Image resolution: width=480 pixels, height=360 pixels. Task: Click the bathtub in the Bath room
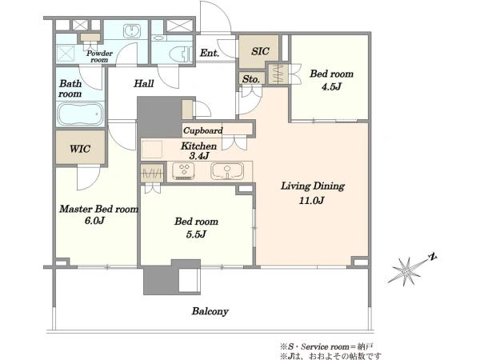(81, 114)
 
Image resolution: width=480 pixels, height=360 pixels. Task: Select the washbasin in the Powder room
(132, 31)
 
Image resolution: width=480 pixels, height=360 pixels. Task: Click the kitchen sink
(227, 171)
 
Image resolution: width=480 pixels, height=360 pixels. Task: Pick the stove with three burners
(183, 171)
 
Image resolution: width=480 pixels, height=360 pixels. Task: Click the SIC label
(260, 51)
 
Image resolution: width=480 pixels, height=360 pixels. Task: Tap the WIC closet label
(80, 149)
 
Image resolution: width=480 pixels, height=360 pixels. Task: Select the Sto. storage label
(251, 79)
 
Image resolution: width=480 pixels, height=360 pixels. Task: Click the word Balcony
(210, 311)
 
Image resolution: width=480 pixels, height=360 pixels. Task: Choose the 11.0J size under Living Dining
(311, 201)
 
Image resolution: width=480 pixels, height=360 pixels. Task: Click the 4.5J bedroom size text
(331, 86)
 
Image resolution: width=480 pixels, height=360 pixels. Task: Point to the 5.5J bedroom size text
(196, 234)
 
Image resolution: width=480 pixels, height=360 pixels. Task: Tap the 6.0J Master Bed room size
(94, 221)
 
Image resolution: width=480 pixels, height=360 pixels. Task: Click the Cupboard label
(203, 130)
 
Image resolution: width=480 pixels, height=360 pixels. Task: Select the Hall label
(143, 83)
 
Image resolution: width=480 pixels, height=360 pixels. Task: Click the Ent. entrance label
(210, 53)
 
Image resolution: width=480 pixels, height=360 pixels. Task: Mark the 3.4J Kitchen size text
(199, 156)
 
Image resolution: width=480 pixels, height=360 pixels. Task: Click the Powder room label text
(99, 57)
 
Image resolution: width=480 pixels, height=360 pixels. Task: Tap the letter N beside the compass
(432, 257)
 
